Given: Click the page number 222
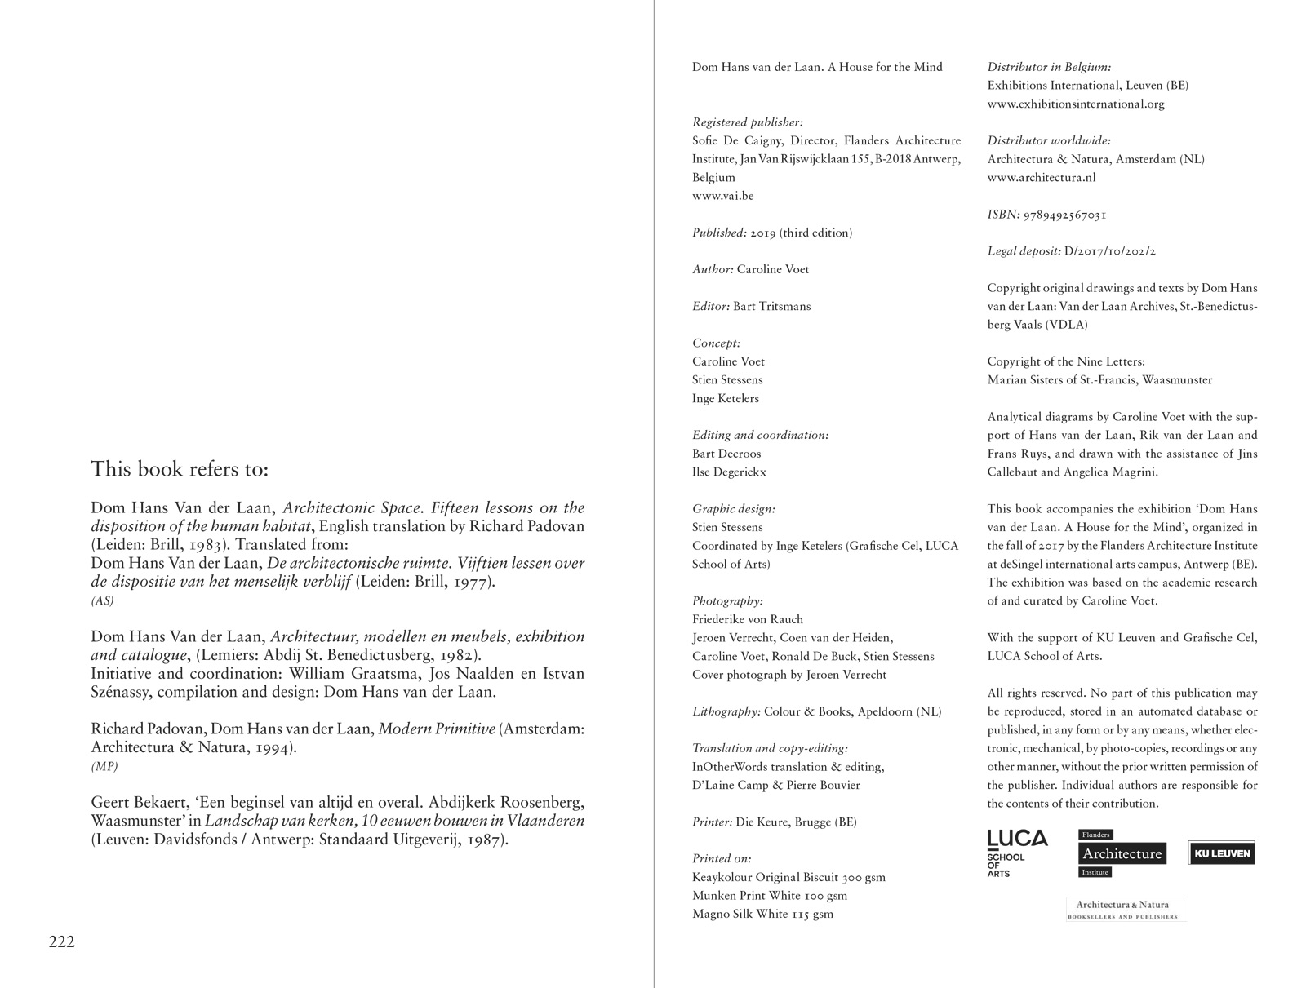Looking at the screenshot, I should (62, 942).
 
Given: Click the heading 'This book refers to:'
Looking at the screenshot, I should (180, 469).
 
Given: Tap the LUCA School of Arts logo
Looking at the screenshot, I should (1017, 853).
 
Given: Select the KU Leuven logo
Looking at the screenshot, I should (1221, 853).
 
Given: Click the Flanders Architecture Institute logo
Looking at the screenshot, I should (1122, 853).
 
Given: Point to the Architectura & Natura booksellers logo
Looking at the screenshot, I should (1126, 909).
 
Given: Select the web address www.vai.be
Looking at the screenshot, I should (723, 196).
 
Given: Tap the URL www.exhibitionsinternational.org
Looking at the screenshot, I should (1076, 104).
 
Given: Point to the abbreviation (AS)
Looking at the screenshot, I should (102, 600).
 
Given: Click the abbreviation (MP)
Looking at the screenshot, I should (104, 766).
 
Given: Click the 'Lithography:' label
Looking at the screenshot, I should (726, 711).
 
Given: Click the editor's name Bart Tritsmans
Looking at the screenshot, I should (771, 306).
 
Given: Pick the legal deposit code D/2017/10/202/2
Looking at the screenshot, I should (1110, 251).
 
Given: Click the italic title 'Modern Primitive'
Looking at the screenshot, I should (437, 729).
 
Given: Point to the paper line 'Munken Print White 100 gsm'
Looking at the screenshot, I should (770, 895).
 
